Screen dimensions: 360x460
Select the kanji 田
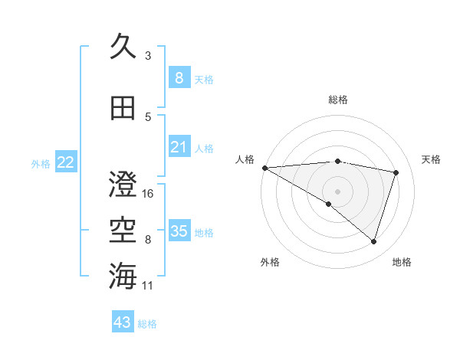[123, 108]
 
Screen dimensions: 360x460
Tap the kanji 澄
[123, 185]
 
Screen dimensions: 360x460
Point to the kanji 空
[123, 231]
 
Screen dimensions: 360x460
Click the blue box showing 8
[179, 78]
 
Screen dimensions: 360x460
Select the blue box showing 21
[179, 147]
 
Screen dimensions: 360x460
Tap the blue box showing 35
[179, 231]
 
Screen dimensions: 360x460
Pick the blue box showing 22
[66, 162]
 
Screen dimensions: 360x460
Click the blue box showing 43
[123, 322]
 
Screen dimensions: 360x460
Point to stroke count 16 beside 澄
[149, 194]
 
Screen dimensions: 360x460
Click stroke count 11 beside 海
[149, 286]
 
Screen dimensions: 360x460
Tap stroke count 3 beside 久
[148, 56]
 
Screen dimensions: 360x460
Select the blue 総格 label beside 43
[148, 324]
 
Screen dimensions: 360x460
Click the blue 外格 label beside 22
[41, 164]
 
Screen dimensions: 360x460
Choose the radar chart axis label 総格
[337, 100]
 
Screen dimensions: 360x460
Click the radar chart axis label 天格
[431, 159]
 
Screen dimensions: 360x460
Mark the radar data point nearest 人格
[264, 167]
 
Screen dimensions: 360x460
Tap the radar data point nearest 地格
[373, 242]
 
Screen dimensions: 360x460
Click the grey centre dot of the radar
[337, 190]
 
